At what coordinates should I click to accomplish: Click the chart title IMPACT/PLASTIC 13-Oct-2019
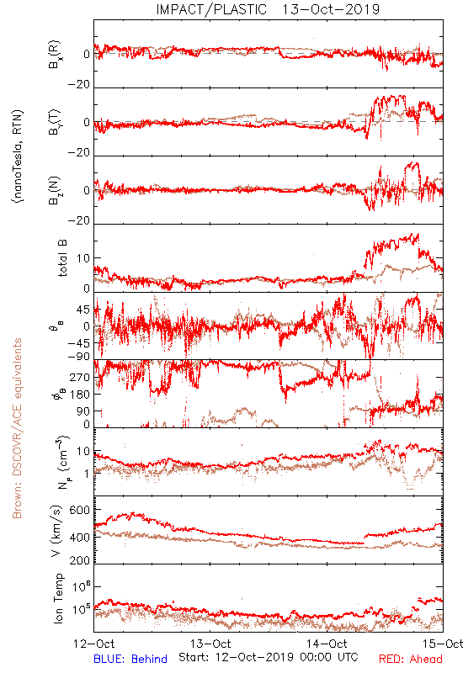(x=268, y=9)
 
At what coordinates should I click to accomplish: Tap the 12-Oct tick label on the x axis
(x=94, y=644)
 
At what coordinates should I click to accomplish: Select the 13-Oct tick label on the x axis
(x=210, y=644)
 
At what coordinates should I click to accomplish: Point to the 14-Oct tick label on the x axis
(x=327, y=644)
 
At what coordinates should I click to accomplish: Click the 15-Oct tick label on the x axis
(x=443, y=644)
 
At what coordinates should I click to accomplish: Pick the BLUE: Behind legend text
(x=130, y=659)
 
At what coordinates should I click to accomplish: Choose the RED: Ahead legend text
(x=411, y=659)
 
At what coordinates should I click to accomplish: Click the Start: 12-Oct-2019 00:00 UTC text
(x=269, y=657)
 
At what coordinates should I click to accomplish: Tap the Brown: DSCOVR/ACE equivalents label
(x=17, y=428)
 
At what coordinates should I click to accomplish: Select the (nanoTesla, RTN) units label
(x=18, y=156)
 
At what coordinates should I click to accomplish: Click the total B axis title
(x=61, y=258)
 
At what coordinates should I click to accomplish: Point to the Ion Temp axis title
(x=58, y=598)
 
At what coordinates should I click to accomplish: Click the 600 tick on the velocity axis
(x=79, y=510)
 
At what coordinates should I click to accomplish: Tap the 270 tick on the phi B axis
(x=79, y=378)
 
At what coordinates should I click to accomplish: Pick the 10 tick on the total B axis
(x=83, y=258)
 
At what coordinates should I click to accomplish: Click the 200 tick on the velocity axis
(x=79, y=560)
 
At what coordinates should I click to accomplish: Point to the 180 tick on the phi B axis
(x=79, y=395)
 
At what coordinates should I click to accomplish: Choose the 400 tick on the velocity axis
(x=79, y=538)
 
